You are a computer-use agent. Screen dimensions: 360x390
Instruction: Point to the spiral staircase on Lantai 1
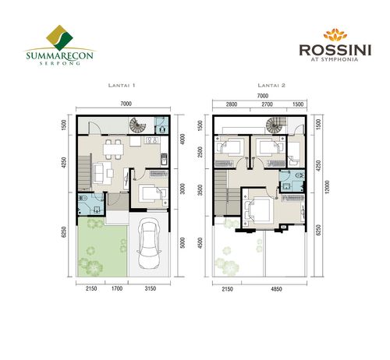click(x=139, y=125)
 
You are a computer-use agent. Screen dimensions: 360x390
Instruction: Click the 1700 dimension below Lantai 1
click(x=116, y=291)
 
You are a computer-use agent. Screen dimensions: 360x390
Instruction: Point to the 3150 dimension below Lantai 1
click(x=151, y=291)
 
